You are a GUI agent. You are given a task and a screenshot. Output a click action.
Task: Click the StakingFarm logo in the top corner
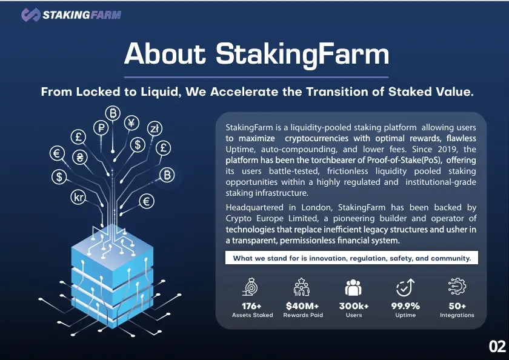pos(71,15)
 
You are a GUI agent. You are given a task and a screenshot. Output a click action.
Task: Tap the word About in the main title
pos(165,53)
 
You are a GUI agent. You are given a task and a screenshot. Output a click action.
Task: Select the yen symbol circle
pos(131,122)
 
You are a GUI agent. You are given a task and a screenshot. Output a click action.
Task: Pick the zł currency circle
pos(155,128)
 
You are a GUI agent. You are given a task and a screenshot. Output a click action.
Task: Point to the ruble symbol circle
pos(101,127)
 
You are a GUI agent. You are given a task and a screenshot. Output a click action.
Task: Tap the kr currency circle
pos(78,197)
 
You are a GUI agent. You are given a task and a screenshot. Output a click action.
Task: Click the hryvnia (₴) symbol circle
pos(80,157)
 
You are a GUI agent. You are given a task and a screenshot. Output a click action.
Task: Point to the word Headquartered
pos(254,207)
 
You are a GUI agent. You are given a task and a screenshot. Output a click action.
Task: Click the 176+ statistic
pos(251,306)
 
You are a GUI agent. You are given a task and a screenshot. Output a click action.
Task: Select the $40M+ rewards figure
pos(302,306)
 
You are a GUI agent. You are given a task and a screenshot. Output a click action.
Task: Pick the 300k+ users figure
pos(354,306)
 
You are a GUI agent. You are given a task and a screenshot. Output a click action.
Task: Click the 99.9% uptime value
pos(405,306)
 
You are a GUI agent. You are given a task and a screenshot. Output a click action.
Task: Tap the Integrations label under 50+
pos(457,315)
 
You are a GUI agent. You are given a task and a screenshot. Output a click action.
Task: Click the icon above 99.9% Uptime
pos(405,287)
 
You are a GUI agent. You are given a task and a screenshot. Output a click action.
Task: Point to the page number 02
pos(497,347)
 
